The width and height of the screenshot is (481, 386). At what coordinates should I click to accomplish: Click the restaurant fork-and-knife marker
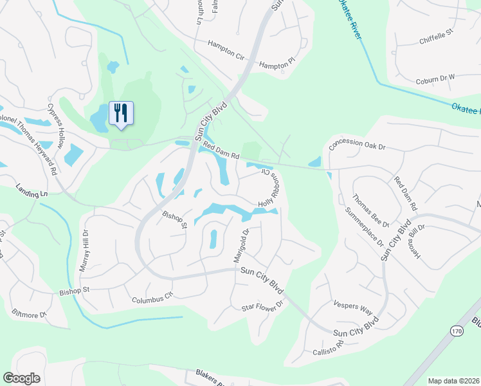point(121,113)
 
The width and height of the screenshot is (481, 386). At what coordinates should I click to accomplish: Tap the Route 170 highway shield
point(456,331)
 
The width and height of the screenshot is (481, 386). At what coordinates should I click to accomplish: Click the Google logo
point(21,378)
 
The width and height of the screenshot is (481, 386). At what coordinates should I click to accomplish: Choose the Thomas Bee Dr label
point(371,213)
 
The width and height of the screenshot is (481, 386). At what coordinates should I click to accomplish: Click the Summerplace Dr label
point(364,228)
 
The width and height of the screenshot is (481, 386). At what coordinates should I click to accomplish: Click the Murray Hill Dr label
point(84,251)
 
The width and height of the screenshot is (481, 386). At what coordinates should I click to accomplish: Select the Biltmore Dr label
point(30,314)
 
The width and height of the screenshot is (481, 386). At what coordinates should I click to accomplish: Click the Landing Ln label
point(32,190)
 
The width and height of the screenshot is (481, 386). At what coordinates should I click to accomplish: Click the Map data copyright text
point(453,381)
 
